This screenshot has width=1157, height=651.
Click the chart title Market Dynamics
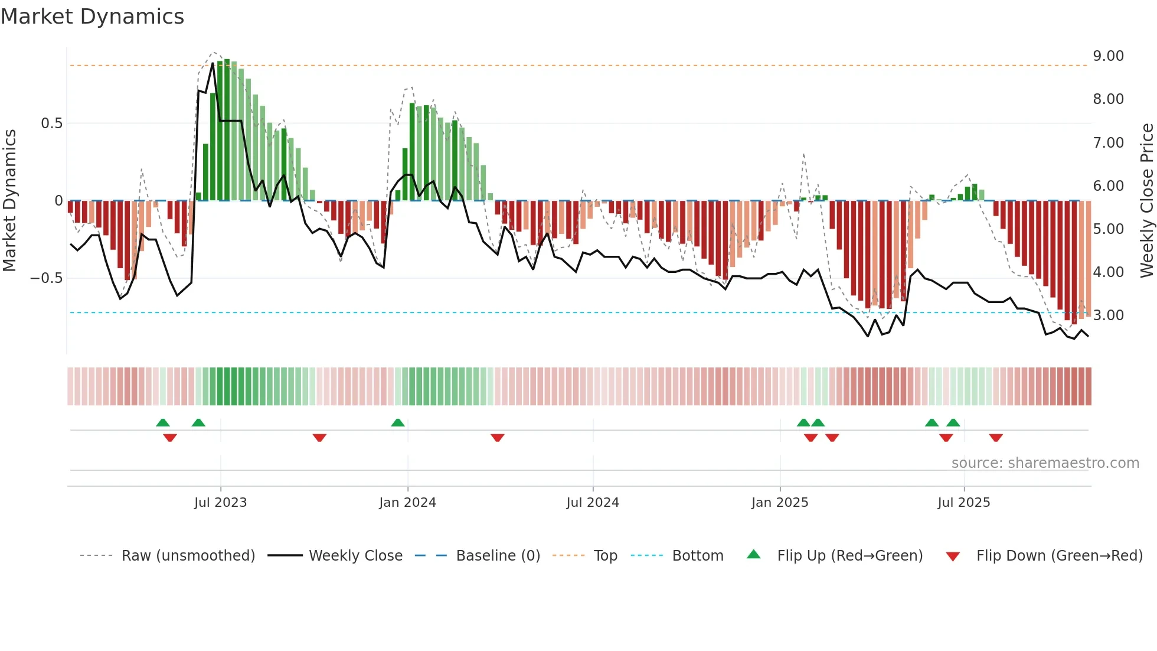click(92, 17)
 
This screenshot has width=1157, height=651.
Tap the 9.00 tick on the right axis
click(1108, 56)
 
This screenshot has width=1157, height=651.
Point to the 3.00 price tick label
click(1108, 315)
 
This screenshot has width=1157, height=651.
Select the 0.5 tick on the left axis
click(51, 123)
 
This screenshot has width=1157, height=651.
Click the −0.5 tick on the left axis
click(47, 278)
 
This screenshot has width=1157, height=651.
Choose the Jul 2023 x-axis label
click(220, 503)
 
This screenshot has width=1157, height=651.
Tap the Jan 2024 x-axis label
click(407, 503)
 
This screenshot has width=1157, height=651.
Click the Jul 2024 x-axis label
click(593, 503)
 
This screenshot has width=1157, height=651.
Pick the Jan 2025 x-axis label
click(780, 503)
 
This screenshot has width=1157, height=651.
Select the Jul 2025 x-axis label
click(964, 503)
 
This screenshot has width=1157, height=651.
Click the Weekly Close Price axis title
click(1146, 201)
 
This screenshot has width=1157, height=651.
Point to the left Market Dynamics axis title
click(9, 201)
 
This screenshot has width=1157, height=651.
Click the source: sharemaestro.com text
click(1045, 463)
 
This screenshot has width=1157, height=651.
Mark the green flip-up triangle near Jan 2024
click(398, 422)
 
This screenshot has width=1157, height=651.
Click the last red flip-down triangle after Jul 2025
click(996, 438)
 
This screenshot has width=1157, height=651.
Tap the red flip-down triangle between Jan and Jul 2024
click(498, 438)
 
